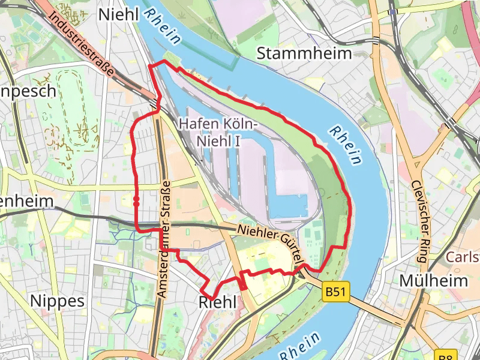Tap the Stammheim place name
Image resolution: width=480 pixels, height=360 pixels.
pos(304,53)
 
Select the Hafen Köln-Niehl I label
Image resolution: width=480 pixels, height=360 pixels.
pos(217,133)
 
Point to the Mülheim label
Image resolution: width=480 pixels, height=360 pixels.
pos(433,281)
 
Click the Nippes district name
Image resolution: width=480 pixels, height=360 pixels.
pos(57,300)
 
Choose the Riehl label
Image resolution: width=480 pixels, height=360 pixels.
pos(217,303)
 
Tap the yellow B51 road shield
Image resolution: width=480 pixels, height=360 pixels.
pos(335,292)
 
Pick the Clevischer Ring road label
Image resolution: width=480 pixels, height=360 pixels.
pos(419,222)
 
